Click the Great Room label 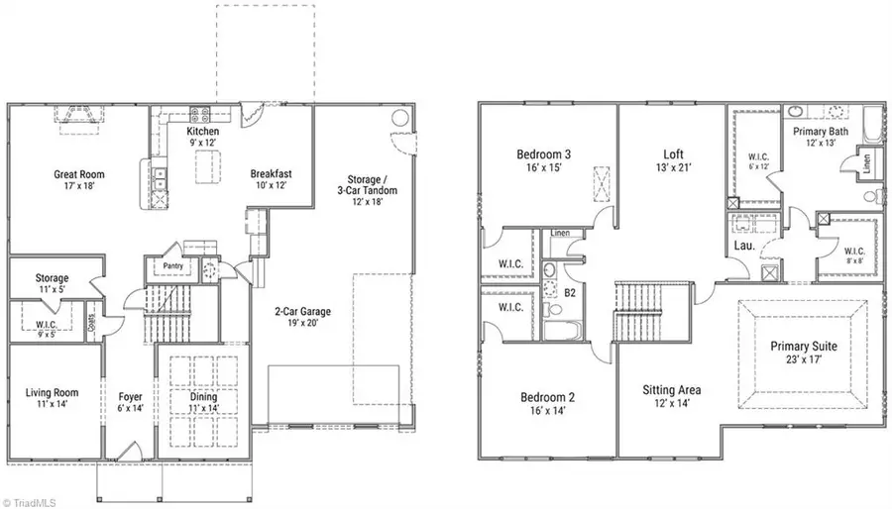point(79,175)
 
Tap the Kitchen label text point(202,132)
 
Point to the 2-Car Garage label point(303,311)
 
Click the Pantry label point(166,267)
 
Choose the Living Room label point(52,393)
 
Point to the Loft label point(674,154)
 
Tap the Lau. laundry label point(743,245)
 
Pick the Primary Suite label point(804,347)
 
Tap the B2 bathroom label point(570,294)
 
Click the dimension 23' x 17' point(804,360)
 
